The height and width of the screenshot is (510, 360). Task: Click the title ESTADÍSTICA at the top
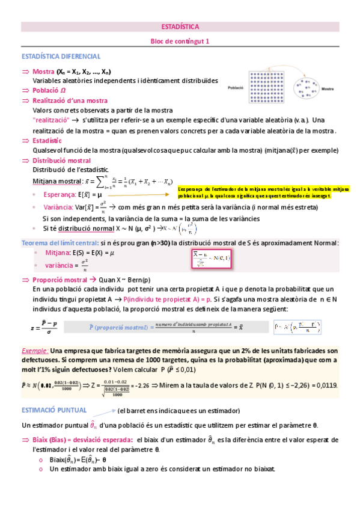(180, 27)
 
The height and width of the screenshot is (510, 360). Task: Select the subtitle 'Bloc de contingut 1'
(180, 41)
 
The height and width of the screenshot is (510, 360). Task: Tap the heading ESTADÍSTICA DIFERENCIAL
(61, 57)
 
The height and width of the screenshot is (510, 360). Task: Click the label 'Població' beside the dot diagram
(236, 87)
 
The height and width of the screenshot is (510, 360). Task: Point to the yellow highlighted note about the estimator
(264, 192)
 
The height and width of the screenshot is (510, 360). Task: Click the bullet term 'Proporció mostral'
(59, 280)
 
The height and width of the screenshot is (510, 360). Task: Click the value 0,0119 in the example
(326, 386)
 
